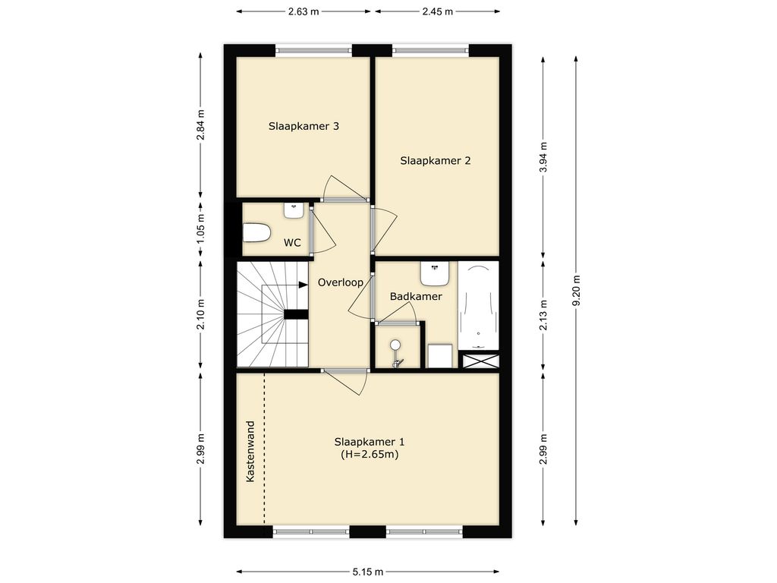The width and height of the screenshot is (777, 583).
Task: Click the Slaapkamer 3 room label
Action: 304,126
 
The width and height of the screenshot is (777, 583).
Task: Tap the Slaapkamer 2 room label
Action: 435,161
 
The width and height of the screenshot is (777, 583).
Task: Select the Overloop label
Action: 341,282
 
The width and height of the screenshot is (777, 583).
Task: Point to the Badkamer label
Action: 416,297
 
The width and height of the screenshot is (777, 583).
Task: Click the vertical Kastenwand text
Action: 250,451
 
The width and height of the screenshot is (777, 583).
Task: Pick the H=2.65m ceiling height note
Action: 370,454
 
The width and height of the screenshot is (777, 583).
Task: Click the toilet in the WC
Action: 256,232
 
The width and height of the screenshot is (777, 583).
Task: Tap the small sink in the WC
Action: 294,211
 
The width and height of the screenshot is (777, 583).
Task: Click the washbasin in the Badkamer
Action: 435,273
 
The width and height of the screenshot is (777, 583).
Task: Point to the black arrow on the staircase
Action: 303,285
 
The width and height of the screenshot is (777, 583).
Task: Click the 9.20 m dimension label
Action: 576,291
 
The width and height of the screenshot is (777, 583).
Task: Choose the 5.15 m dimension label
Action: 368,572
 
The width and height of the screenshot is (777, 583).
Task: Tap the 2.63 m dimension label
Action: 304,11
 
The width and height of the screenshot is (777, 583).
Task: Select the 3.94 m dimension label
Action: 543,157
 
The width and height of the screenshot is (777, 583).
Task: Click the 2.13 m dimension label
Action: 543,315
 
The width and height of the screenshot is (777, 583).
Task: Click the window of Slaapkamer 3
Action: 313,50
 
